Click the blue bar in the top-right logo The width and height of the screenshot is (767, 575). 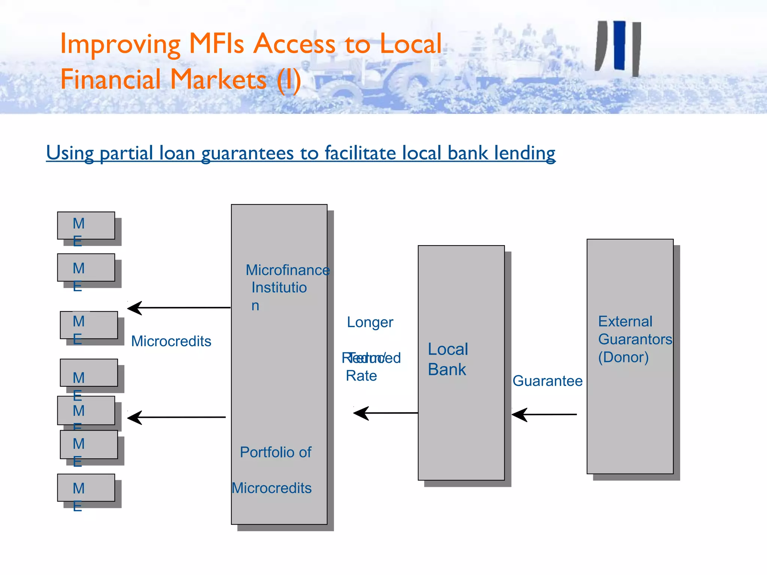pos(619,45)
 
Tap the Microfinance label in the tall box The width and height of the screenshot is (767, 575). pos(287,270)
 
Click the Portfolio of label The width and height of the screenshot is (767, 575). pos(275,452)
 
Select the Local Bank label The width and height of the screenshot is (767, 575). pos(448,359)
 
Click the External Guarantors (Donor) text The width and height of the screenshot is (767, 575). pos(634,339)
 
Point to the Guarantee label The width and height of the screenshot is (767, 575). pos(547,381)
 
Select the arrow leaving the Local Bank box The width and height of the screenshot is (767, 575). pos(385,413)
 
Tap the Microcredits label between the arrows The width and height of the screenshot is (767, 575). pos(171,341)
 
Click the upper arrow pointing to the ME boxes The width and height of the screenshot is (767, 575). pos(179,308)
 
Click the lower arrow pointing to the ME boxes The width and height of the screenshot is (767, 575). pos(176,417)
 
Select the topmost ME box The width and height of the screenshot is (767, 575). pos(86,225)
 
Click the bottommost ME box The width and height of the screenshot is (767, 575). pos(86,488)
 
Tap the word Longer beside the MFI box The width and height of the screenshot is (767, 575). pos(370,322)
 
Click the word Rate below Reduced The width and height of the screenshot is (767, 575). pos(361,376)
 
